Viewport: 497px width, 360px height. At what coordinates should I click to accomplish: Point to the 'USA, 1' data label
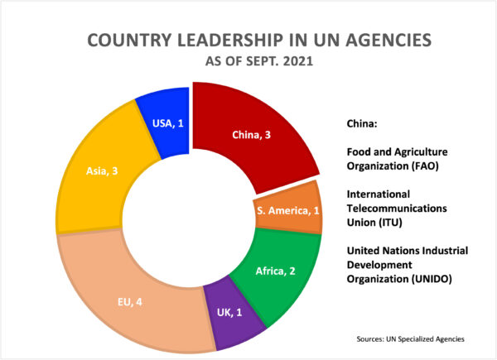coord(168,124)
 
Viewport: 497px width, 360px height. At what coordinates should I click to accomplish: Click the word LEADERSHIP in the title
coord(248,41)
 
